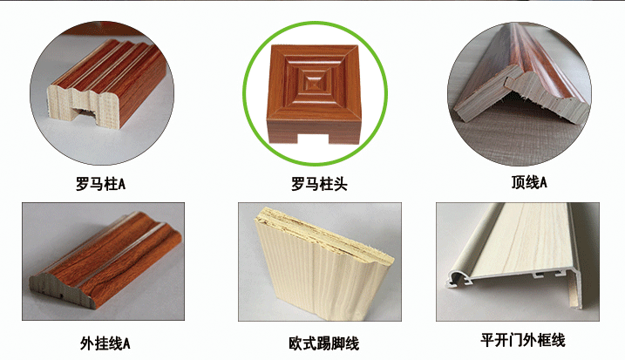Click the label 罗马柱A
point(101,185)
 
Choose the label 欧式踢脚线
point(313,342)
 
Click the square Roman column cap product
point(312,92)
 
